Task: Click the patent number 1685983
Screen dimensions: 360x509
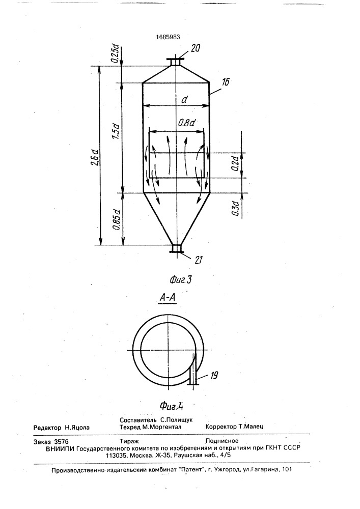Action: click(168, 37)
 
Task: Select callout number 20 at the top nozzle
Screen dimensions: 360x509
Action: click(195, 48)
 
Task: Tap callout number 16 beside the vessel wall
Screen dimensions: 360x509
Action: click(225, 82)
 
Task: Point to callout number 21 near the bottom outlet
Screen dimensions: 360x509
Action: click(199, 260)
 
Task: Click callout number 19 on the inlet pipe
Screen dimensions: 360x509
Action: click(214, 376)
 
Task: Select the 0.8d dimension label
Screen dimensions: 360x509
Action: click(186, 123)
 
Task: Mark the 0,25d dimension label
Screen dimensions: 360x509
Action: click(115, 54)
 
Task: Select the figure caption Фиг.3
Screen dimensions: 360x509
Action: click(180, 279)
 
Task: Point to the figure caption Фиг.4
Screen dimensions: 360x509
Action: click(172, 406)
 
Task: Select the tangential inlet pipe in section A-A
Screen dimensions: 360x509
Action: click(194, 369)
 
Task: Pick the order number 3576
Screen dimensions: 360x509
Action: click(61, 441)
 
